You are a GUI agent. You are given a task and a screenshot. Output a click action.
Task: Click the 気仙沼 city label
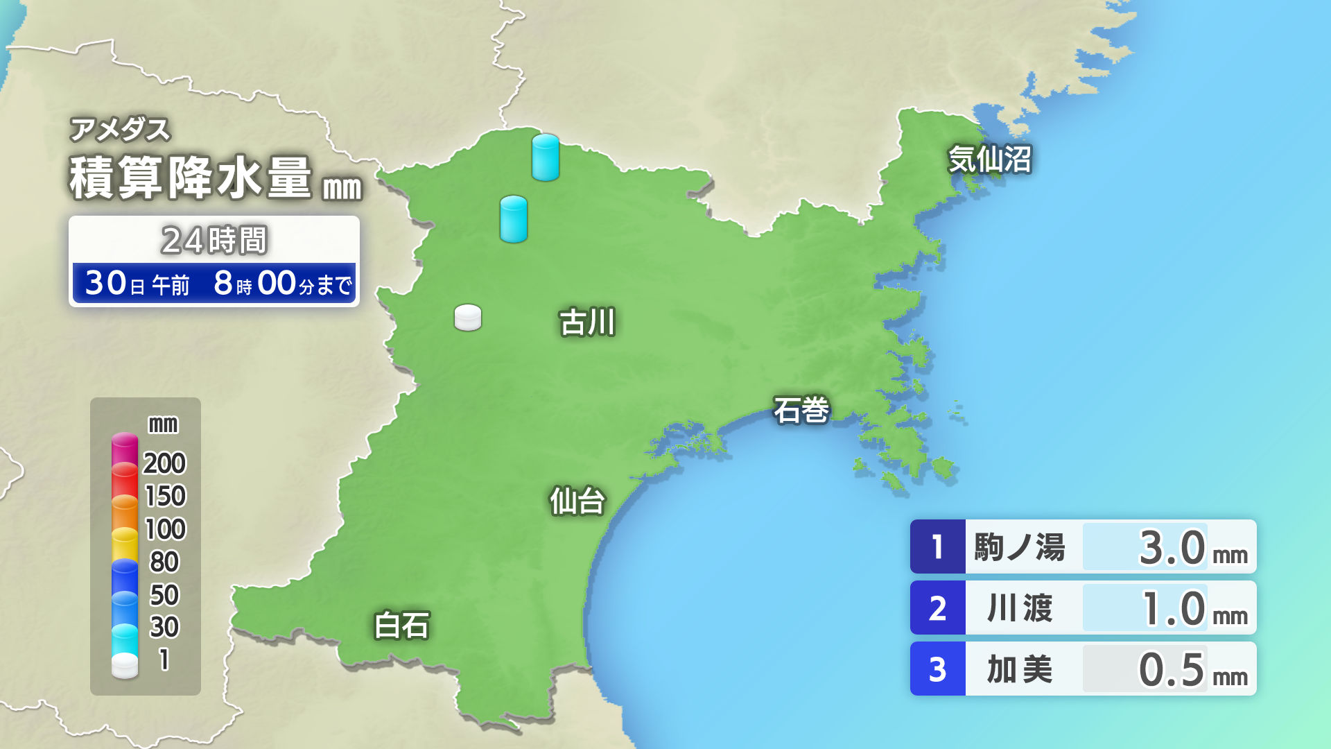989,160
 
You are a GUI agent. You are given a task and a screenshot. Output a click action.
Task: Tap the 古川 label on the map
587,322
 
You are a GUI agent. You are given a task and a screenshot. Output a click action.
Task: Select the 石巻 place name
801,410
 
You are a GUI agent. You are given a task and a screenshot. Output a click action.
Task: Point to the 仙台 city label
577,501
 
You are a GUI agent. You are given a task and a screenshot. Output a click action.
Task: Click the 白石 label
401,625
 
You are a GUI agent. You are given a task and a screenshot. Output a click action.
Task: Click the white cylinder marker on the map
468,318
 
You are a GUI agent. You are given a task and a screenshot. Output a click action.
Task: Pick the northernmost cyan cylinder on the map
546,157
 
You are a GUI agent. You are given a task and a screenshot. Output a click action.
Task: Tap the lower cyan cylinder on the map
514,219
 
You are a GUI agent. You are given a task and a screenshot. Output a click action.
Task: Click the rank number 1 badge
937,546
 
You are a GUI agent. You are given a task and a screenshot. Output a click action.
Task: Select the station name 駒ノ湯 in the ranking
1019,547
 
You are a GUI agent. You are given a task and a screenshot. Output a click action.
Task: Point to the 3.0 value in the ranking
1172,547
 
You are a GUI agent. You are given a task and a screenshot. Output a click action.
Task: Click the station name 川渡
1019,608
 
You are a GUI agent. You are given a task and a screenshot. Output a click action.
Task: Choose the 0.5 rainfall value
1172,669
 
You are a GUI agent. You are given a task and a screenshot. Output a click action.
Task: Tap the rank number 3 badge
937,669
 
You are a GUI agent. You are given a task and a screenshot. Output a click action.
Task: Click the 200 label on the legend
164,463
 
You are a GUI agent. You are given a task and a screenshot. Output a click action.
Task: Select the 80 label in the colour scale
164,562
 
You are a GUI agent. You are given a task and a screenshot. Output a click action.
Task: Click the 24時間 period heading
214,241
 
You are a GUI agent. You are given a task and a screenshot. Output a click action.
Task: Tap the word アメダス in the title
120,130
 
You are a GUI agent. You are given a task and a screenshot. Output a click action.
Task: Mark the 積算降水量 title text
191,178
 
